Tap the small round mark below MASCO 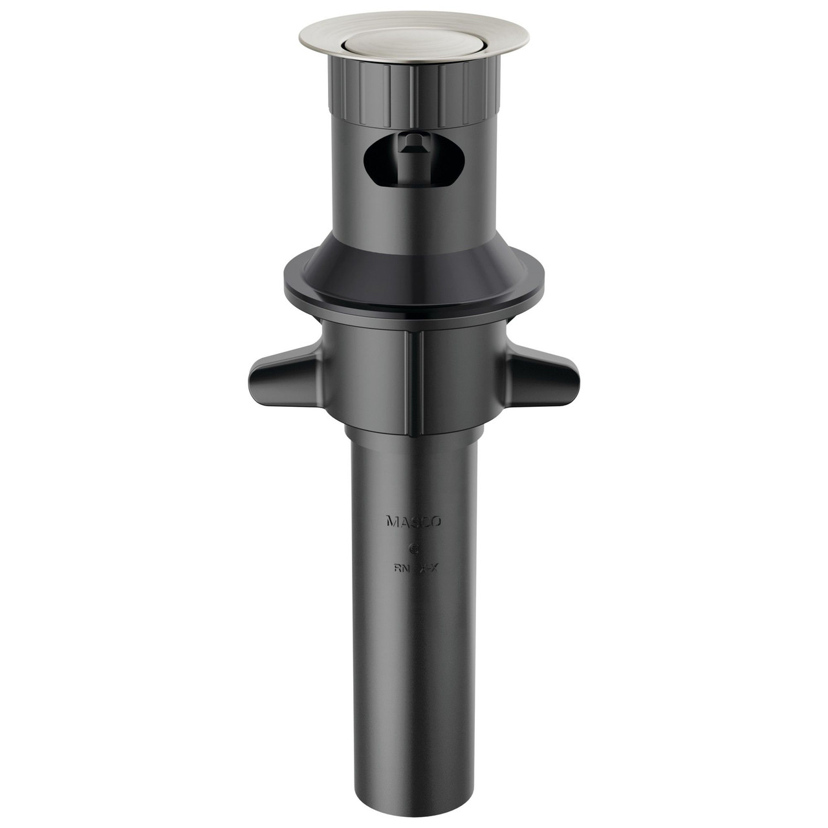[x=414, y=547]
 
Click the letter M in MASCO [x=391, y=521]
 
